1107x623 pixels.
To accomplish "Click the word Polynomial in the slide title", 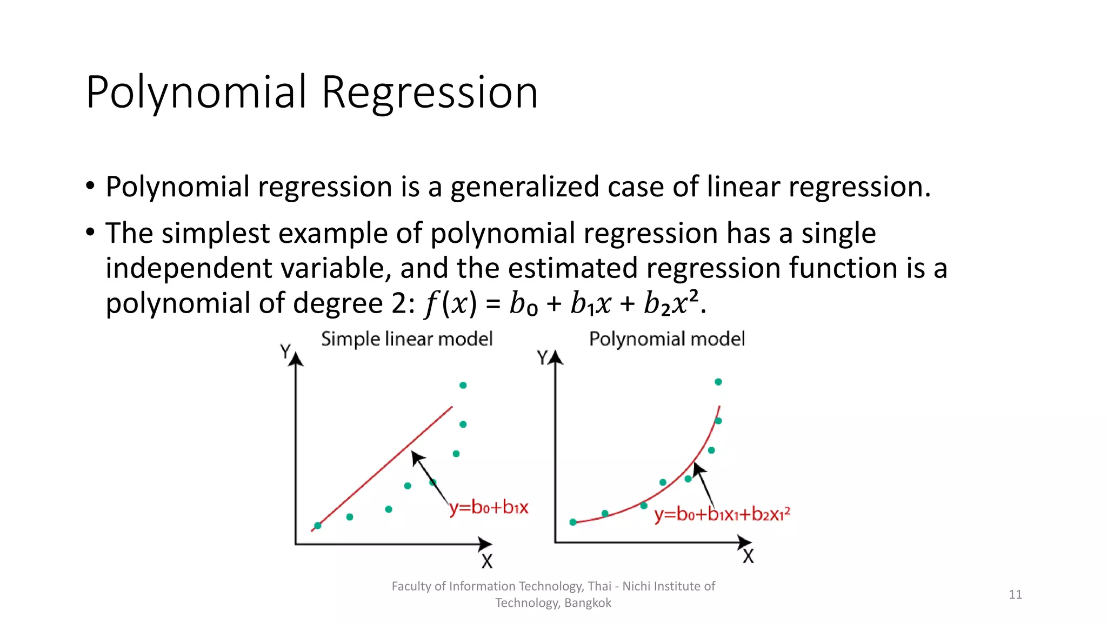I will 197,93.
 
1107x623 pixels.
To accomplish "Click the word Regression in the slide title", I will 430,93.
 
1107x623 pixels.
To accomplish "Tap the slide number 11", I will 1015,594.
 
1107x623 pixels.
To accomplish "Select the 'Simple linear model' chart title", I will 406,339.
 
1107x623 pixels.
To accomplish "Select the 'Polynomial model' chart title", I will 666,339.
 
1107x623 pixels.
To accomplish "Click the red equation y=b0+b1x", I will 489,507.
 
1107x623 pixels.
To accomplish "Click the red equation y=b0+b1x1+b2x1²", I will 722,513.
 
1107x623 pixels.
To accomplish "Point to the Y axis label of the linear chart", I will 285,352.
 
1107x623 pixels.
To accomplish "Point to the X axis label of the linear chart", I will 487,561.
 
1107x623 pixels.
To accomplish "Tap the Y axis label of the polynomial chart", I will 543,357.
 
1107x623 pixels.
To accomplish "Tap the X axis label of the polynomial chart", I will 748,556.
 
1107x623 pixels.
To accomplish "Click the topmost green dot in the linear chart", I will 463,385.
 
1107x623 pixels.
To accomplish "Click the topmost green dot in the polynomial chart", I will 718,382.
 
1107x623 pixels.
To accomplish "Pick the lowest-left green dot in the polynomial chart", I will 573,522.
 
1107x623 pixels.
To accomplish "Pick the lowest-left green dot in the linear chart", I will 318,526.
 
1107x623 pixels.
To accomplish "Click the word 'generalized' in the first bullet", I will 524,187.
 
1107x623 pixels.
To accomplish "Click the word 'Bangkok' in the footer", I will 588,603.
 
